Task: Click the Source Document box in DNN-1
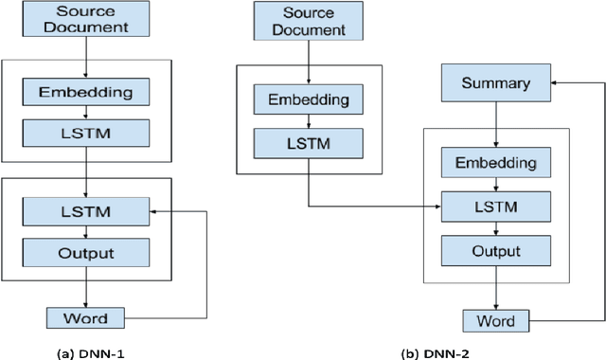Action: coord(87,20)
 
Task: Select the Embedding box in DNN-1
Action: coord(87,93)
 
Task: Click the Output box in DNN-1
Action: coord(87,253)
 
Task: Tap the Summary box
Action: coord(495,83)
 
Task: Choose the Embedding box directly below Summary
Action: coord(495,163)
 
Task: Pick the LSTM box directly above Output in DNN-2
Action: coord(495,205)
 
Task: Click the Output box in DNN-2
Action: coord(495,250)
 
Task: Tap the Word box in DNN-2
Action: coord(495,320)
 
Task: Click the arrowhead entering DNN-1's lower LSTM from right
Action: coord(154,211)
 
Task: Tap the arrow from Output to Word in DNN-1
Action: coord(87,286)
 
